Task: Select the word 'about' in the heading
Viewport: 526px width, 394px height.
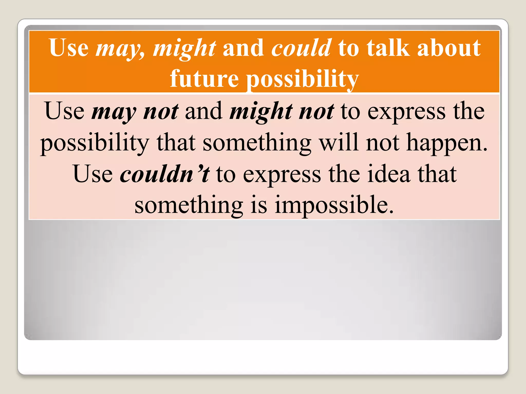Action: pos(449,48)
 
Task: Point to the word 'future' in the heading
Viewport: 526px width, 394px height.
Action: pos(204,78)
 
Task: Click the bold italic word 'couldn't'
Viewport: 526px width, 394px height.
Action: pos(164,174)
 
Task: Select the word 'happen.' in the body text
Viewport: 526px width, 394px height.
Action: pos(447,143)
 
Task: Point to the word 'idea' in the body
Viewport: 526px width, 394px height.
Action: pos(389,174)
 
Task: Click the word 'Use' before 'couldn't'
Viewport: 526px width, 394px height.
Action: pos(93,174)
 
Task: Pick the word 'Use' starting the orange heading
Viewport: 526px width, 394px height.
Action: pos(69,48)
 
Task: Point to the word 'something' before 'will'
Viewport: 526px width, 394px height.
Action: pos(257,143)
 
